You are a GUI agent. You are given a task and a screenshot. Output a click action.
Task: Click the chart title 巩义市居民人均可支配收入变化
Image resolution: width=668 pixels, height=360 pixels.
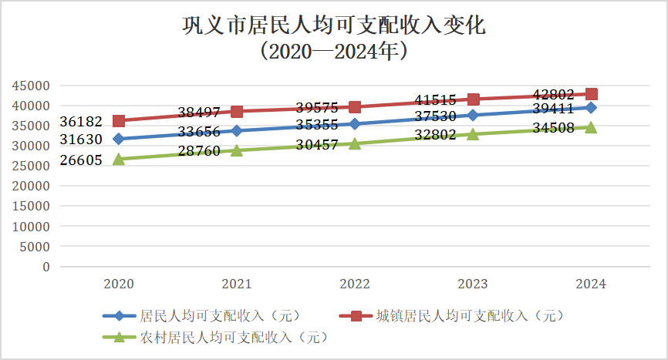tap(333, 26)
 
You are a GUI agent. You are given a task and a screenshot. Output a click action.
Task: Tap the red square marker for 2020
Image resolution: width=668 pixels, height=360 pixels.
tap(119, 121)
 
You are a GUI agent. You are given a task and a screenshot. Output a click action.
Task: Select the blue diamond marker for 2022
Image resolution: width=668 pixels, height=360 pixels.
tap(355, 124)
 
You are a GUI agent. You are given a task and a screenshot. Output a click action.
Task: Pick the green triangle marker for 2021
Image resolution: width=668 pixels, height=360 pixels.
tap(237, 150)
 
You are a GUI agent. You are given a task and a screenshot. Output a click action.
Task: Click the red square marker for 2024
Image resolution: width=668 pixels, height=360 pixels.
tap(591, 95)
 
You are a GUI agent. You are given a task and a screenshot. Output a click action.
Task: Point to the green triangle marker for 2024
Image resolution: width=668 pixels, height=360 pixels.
tap(591, 127)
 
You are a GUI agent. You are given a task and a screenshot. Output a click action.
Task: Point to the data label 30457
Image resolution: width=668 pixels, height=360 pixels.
tap(317, 144)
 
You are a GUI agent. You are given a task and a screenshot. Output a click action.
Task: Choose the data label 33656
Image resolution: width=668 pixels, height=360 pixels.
tap(199, 131)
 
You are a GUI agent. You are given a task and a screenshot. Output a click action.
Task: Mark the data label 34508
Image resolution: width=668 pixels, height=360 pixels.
tap(553, 129)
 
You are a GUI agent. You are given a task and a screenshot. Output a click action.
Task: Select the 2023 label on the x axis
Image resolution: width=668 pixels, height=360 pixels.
tap(473, 284)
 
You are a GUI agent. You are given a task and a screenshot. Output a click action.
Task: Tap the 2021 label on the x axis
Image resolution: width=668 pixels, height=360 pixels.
tap(237, 284)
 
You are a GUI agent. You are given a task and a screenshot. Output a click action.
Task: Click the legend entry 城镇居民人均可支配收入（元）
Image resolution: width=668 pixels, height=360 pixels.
tap(469, 316)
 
